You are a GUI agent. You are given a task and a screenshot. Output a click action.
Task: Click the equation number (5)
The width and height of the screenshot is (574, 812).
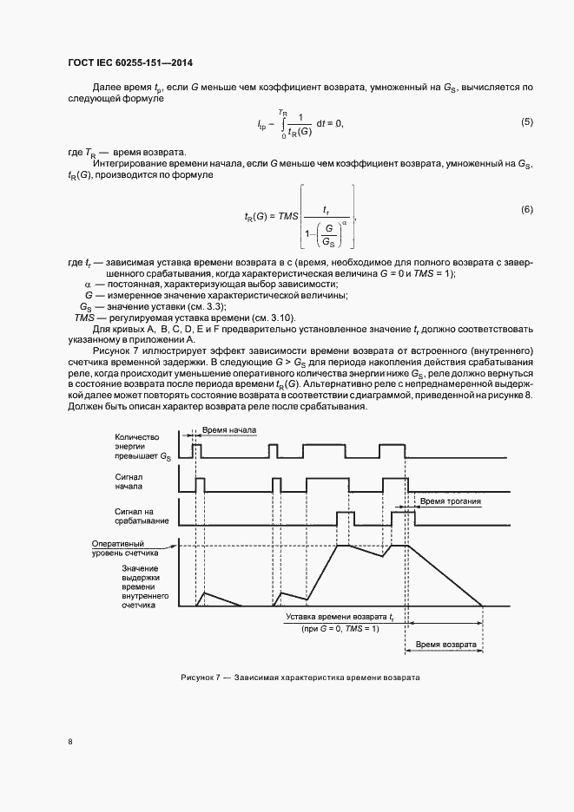[x=526, y=123]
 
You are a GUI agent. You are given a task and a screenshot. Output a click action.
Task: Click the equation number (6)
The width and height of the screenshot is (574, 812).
[x=526, y=210]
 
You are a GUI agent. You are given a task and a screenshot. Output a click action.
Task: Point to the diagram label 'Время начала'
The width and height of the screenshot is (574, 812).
[x=228, y=429]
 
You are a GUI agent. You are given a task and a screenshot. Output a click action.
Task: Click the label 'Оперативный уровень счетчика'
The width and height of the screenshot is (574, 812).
[x=125, y=547]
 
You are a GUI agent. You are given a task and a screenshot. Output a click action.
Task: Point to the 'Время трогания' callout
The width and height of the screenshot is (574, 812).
[x=450, y=501]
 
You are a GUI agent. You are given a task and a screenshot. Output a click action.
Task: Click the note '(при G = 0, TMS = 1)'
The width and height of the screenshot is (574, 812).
[x=341, y=628]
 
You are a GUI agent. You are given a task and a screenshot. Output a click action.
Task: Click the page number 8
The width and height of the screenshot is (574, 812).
[x=70, y=743]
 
